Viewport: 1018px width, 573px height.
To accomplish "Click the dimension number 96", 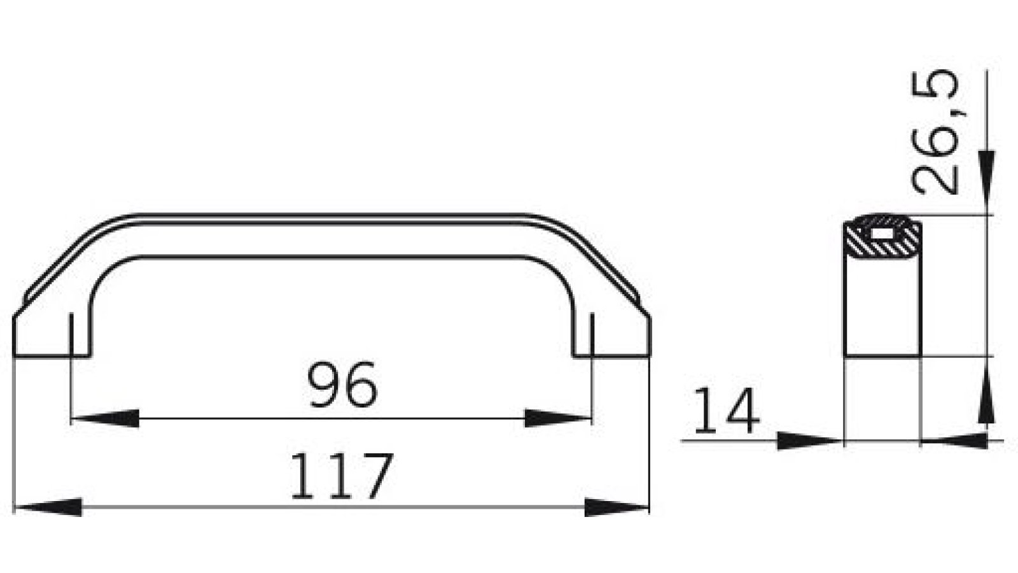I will [x=342, y=385].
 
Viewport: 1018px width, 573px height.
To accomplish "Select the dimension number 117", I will [x=341, y=476].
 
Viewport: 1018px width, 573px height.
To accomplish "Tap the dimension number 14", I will [x=726, y=412].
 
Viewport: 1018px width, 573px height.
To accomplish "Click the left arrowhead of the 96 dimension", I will [x=106, y=418].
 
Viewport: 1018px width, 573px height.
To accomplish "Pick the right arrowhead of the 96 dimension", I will [x=557, y=418].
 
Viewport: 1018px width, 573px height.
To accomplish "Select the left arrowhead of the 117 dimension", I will [x=48, y=507].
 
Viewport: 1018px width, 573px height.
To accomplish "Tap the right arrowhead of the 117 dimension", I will [x=616, y=507].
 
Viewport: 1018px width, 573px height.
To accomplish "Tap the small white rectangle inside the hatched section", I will [x=882, y=233].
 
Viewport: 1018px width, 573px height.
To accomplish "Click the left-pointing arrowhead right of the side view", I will [x=954, y=440].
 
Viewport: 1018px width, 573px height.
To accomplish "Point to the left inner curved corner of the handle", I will [x=105, y=274].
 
